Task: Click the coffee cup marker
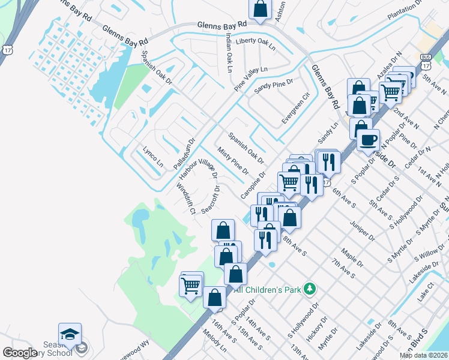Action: point(368,140)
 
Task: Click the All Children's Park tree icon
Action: point(309,289)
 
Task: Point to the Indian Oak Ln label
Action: point(229,53)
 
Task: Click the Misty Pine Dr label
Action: point(233,161)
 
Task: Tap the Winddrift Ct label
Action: point(185,199)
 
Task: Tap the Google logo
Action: point(20,353)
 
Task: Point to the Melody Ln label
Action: point(219,343)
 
